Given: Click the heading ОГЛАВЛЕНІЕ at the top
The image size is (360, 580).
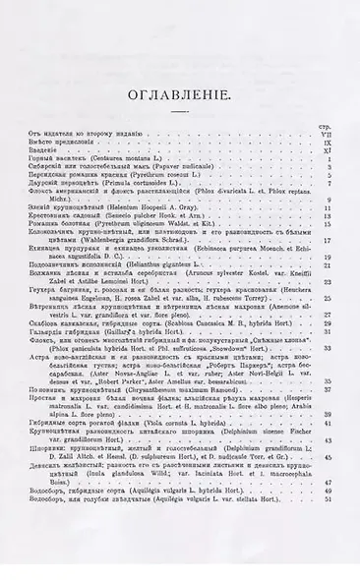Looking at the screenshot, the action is point(179,95).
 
